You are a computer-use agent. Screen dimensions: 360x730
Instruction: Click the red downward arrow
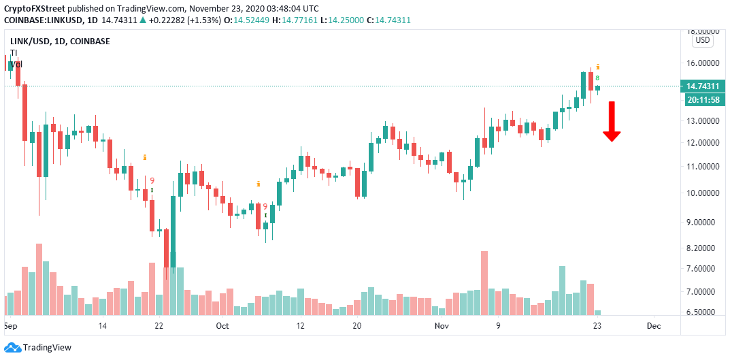click(612, 122)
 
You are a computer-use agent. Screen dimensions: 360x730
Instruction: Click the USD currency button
click(702, 41)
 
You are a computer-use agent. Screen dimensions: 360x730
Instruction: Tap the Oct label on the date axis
click(223, 327)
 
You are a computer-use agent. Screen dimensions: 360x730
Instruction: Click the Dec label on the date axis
click(653, 327)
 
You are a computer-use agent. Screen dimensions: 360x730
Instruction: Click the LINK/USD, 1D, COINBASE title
click(60, 42)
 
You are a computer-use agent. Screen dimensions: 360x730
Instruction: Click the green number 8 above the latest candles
click(597, 78)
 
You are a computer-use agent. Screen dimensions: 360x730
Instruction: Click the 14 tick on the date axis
click(103, 327)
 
